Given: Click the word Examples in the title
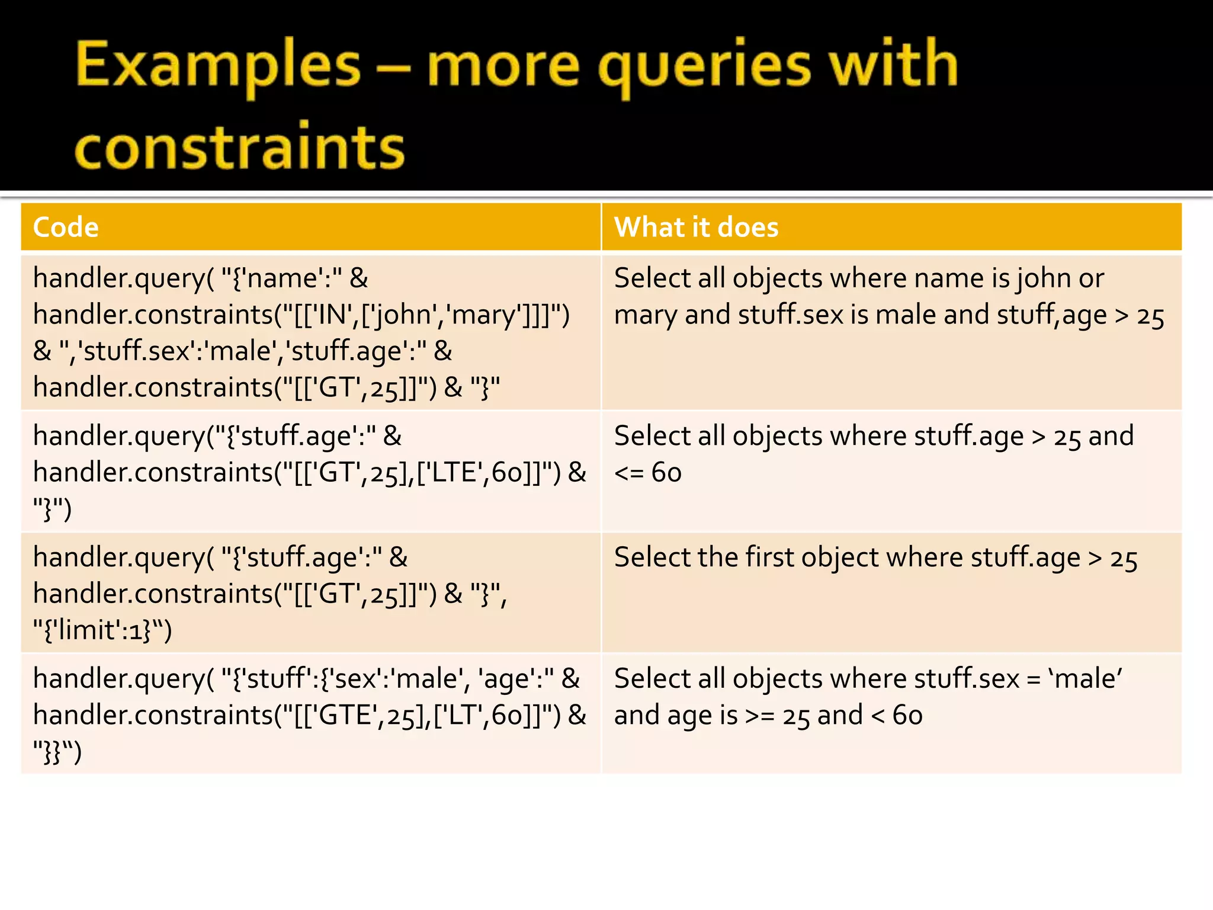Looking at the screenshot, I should coord(218,65).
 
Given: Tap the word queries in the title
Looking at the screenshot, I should coord(705,65).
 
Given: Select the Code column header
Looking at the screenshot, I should coord(66,227).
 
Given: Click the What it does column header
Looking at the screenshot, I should coord(696,227).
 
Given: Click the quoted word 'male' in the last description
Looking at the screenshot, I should coord(1084,679).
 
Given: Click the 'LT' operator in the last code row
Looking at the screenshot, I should coord(462,716).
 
